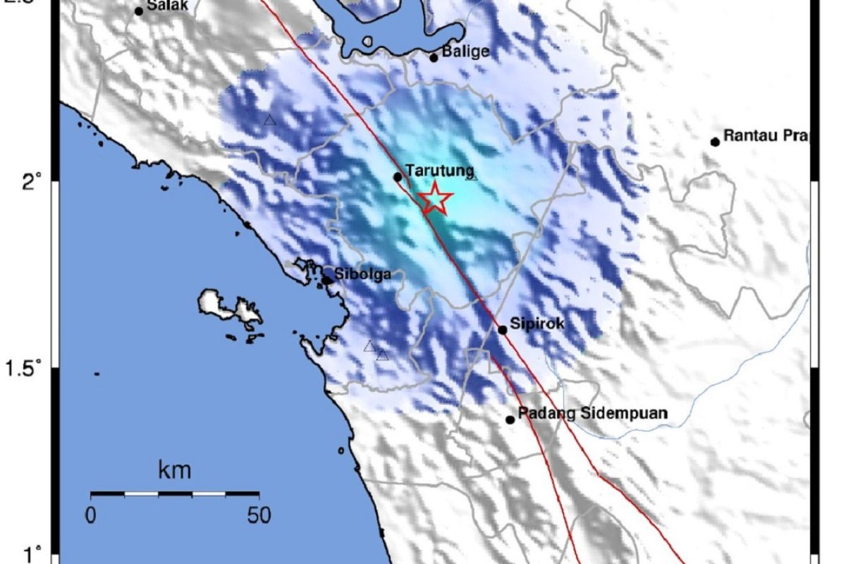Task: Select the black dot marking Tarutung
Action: [x=398, y=177]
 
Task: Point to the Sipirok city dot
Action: [x=503, y=329]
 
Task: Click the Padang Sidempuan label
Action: [x=592, y=414]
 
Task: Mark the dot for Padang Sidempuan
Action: [x=510, y=419]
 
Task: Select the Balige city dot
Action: [x=434, y=58]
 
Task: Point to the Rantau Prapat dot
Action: [x=715, y=142]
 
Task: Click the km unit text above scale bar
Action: [x=175, y=470]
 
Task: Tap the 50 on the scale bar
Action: [x=259, y=515]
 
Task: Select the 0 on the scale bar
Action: [x=90, y=515]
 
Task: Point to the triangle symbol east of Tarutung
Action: [x=472, y=176]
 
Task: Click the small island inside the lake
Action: [x=367, y=42]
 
